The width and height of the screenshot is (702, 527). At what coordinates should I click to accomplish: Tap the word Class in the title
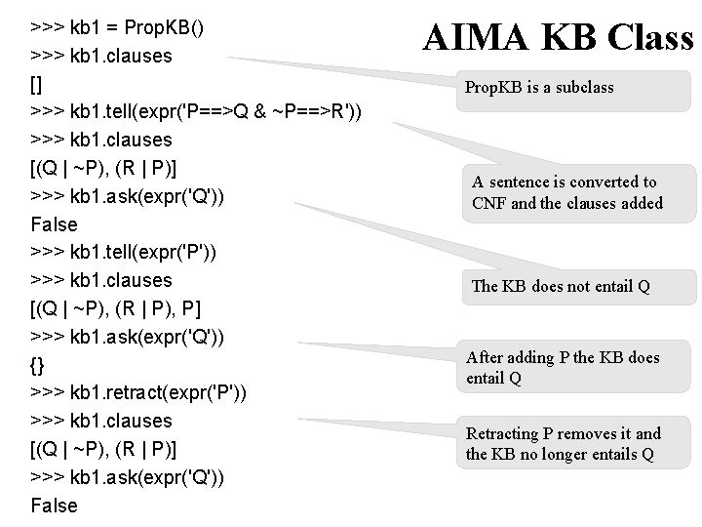click(x=643, y=39)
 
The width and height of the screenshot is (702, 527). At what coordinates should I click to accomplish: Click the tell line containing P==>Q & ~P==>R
click(x=200, y=111)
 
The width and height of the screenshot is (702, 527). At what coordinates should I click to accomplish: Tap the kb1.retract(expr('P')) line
click(x=138, y=393)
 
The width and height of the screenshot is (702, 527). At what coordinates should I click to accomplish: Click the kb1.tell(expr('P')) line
click(x=124, y=252)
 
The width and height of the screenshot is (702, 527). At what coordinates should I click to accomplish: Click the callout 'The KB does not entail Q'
click(x=561, y=286)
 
